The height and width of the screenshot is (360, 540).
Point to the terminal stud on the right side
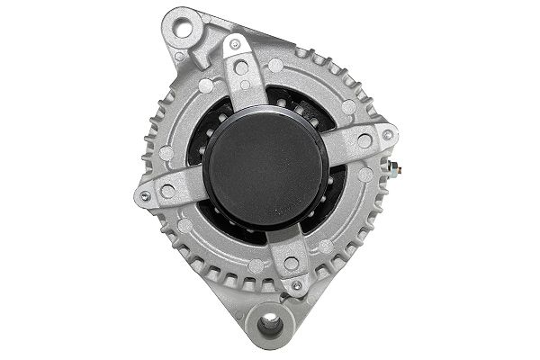point(395,167)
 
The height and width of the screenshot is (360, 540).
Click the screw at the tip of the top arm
point(235,44)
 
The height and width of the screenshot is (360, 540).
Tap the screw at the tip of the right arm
point(387,135)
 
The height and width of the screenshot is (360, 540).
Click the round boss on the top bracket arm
point(241,68)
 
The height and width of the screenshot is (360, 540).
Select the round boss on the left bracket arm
point(168,190)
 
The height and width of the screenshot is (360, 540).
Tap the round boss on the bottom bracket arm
point(290,264)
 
